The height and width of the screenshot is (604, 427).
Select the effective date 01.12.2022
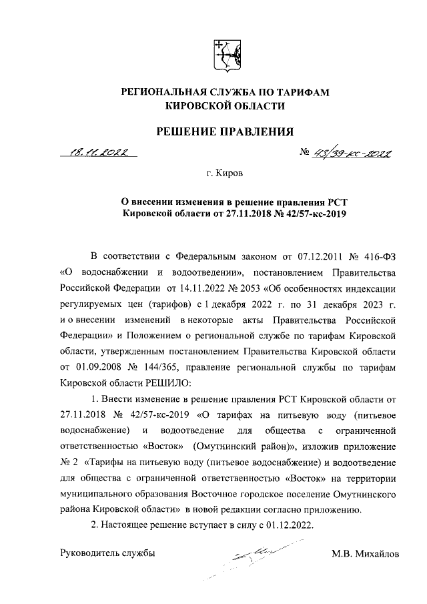(x=285, y=524)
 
